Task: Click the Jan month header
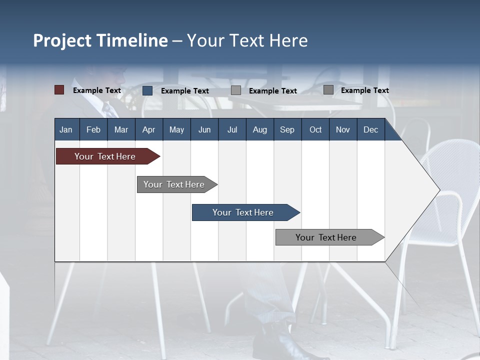66,129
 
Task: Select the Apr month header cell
149,129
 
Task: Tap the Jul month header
232,129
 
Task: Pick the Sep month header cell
287,129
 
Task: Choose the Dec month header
370,129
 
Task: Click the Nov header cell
343,129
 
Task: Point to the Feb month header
93,129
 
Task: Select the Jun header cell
204,129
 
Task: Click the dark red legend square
59,90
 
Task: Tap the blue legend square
147,90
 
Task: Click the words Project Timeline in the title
100,40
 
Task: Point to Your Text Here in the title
247,40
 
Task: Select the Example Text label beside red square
97,90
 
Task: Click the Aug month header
259,129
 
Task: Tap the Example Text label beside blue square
185,91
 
